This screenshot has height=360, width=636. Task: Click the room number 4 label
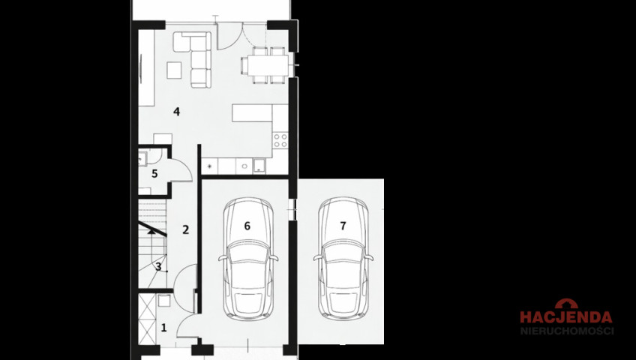(176, 112)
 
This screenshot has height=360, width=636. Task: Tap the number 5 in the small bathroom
(154, 174)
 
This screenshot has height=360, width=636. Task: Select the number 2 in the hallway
(186, 229)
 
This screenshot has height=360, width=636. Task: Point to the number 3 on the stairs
(158, 267)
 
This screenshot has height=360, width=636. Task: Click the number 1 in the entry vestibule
(163, 328)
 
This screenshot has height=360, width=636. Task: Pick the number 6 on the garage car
(247, 226)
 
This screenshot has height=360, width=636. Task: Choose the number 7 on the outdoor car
(343, 226)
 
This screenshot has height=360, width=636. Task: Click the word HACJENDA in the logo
(566, 317)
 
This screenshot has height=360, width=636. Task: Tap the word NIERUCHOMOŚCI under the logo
(567, 331)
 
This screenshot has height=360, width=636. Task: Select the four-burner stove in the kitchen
(280, 140)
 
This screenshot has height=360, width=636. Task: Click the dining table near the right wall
(268, 65)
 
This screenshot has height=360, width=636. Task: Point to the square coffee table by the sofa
(175, 70)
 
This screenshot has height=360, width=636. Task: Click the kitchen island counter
(252, 112)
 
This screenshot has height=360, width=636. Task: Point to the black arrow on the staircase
(151, 232)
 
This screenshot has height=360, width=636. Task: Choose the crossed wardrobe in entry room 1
(147, 319)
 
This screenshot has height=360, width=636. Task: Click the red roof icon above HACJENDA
(566, 304)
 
